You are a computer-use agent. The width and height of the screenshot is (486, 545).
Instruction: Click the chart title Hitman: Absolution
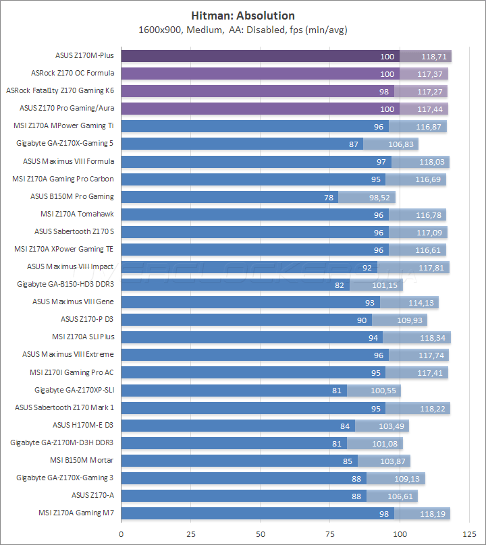tap(243, 16)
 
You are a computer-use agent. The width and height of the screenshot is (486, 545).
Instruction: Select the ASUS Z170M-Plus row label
tap(84, 55)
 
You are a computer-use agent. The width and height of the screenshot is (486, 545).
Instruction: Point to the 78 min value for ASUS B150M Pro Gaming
tap(328, 197)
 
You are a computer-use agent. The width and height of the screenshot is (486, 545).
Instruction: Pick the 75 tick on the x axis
tap(329, 534)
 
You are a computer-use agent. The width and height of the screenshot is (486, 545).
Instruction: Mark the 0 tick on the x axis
tap(121, 534)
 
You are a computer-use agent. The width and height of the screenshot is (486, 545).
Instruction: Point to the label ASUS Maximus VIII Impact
tap(70, 266)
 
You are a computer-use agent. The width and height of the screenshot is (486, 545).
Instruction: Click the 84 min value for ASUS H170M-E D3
tap(344, 425)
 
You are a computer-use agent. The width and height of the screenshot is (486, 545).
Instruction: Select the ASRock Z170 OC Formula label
tap(73, 73)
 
